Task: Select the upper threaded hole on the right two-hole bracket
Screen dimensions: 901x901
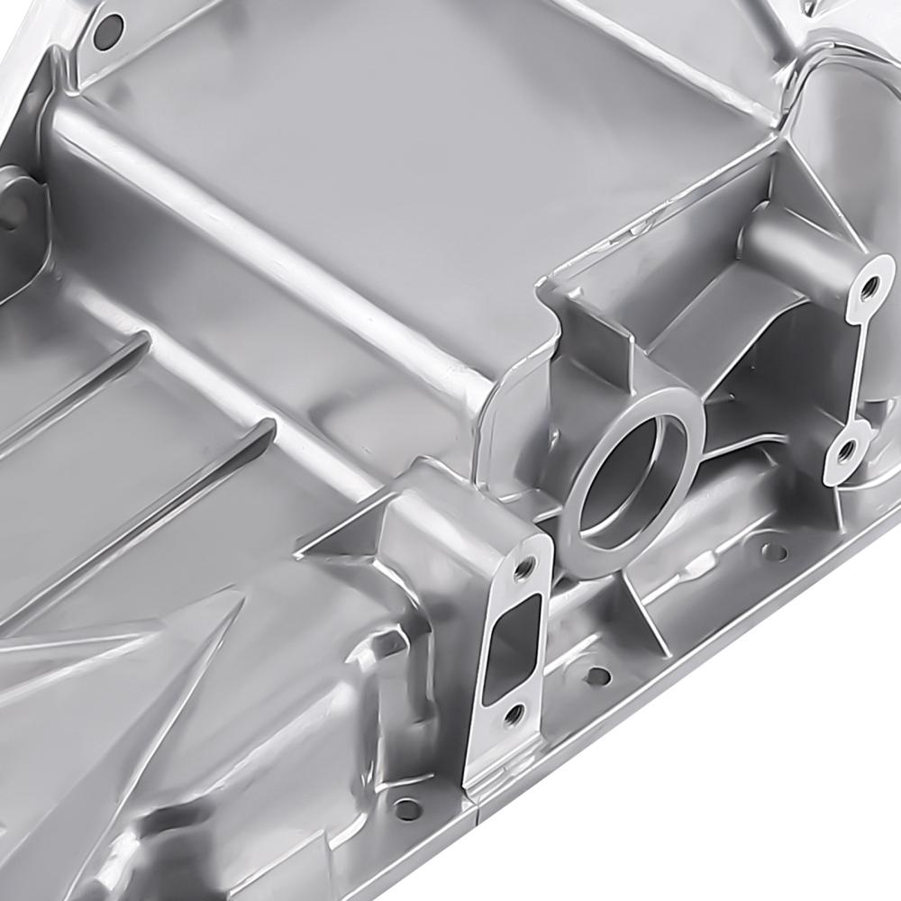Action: (x=869, y=289)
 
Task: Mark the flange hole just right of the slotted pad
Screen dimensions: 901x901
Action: (x=596, y=675)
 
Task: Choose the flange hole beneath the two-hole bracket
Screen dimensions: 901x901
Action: (x=773, y=551)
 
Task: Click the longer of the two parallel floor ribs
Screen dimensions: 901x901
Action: (x=144, y=523)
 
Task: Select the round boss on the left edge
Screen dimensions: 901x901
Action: (x=14, y=212)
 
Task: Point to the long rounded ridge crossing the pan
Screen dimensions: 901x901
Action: (x=270, y=252)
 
